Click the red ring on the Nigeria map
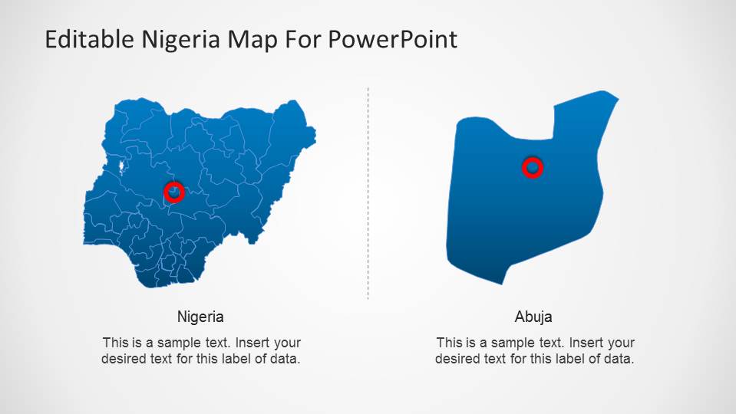pos(174,192)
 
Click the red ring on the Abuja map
pos(533,167)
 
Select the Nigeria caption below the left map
pos(200,317)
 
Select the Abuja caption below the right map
pos(533,317)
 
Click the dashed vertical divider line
pos(368,192)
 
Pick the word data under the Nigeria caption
pos(284,358)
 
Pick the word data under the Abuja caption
pos(619,358)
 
